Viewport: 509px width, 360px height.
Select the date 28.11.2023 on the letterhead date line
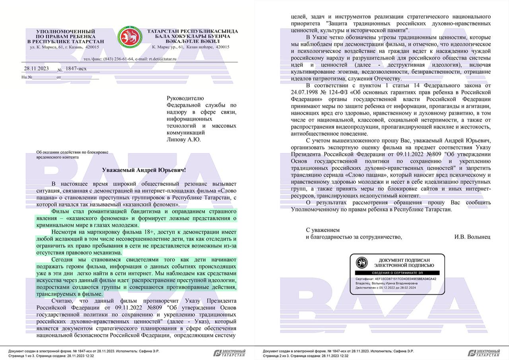click(37, 68)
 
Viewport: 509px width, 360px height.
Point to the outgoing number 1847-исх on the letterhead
click(76, 68)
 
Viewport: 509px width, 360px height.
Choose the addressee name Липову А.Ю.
click(184, 140)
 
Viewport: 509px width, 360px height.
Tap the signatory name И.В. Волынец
click(472, 237)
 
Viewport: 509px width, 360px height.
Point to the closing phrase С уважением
click(323, 230)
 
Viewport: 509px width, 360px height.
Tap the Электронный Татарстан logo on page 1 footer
click(229, 353)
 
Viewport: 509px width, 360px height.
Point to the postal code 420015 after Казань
click(92, 47)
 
